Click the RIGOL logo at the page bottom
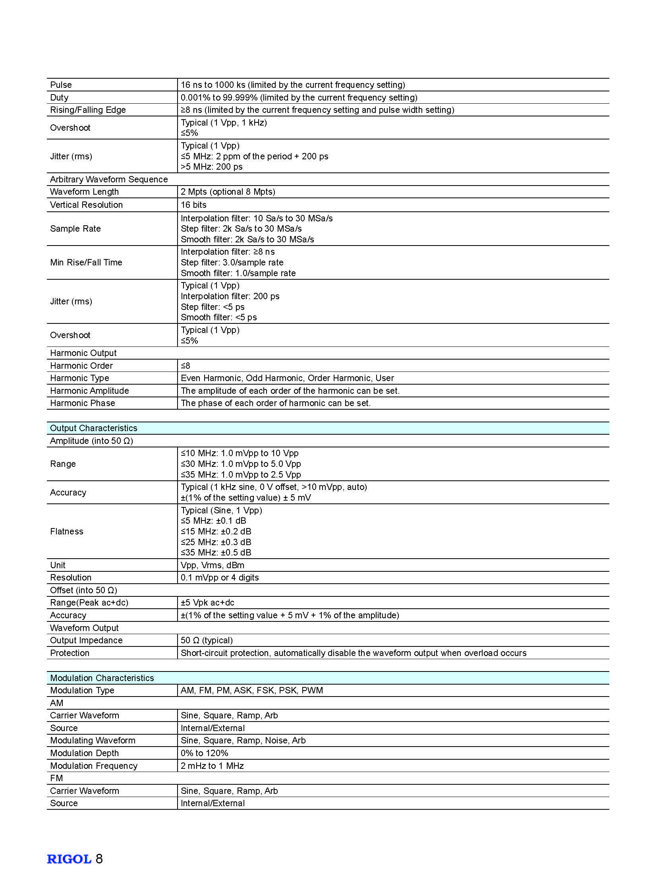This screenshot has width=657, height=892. (x=69, y=859)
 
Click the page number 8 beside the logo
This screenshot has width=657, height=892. (x=99, y=859)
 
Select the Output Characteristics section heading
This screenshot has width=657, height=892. (x=93, y=428)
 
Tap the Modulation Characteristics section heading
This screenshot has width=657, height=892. (x=102, y=678)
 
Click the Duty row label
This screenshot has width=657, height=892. (x=59, y=97)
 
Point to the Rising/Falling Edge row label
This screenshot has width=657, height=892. (x=88, y=110)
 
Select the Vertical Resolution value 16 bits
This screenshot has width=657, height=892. (x=194, y=205)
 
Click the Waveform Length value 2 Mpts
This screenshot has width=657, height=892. (x=228, y=192)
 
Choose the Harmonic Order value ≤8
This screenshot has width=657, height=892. (x=186, y=366)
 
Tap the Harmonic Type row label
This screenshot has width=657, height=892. (x=79, y=378)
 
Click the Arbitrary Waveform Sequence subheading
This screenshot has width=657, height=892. (x=108, y=180)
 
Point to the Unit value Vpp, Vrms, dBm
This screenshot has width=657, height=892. (x=213, y=565)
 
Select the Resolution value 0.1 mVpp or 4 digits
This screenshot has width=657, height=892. (x=220, y=577)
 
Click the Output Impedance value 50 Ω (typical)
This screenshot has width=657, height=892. (x=207, y=640)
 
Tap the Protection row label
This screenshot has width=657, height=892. (x=70, y=653)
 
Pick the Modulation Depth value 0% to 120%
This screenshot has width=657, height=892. (x=205, y=753)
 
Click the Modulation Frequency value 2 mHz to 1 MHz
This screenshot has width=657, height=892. (x=212, y=766)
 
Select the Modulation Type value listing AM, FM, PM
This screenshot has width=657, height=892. (x=252, y=690)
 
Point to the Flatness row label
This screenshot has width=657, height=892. (x=67, y=532)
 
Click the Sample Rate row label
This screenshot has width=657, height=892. (x=75, y=229)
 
